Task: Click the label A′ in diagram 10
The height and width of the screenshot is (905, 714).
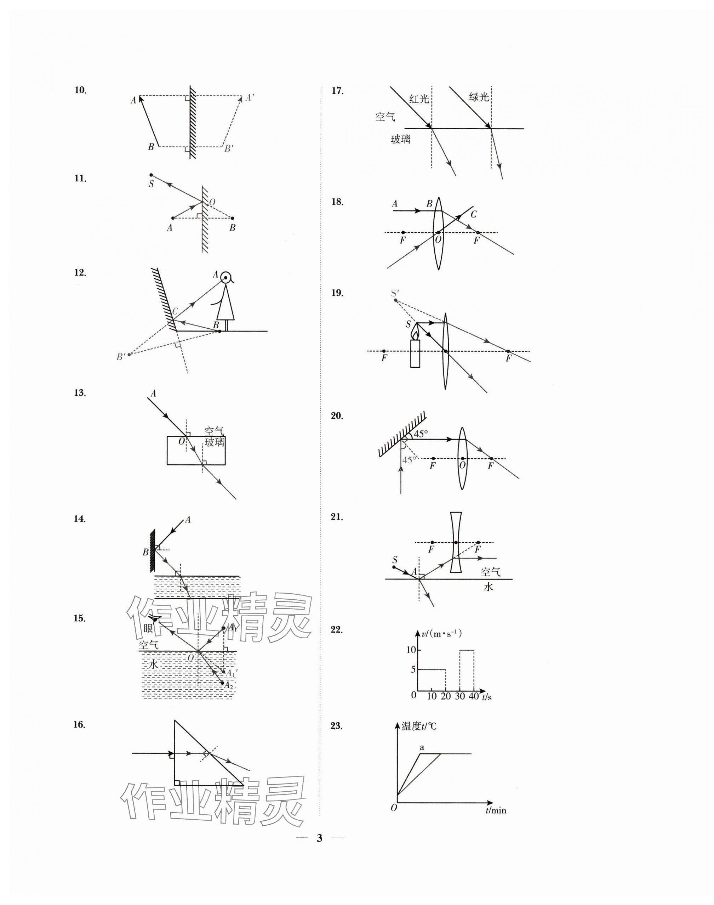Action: [x=250, y=98]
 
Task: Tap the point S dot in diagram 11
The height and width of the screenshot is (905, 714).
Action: [x=151, y=175]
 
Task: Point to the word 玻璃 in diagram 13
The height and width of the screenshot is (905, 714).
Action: [x=215, y=442]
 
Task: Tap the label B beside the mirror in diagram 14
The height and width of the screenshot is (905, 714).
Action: [x=145, y=553]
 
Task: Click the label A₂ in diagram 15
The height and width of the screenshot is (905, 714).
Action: [x=228, y=685]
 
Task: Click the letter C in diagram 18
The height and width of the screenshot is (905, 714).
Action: [x=473, y=215]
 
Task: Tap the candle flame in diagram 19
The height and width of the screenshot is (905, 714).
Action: [x=415, y=332]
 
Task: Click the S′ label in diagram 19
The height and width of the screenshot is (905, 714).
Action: [x=395, y=293]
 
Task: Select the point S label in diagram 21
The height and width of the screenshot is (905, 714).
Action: [x=395, y=560]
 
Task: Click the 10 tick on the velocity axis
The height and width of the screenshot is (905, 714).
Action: [x=411, y=650]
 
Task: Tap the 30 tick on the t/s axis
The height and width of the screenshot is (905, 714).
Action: [x=459, y=696]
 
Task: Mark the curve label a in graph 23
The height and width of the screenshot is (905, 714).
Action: [x=422, y=747]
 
